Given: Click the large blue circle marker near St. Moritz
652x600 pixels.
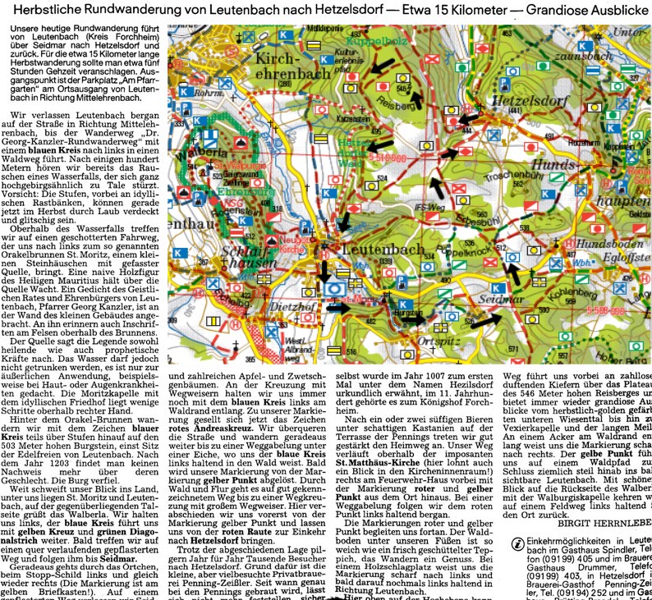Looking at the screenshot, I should (334, 288).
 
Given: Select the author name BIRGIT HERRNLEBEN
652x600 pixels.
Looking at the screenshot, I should (602, 521).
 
